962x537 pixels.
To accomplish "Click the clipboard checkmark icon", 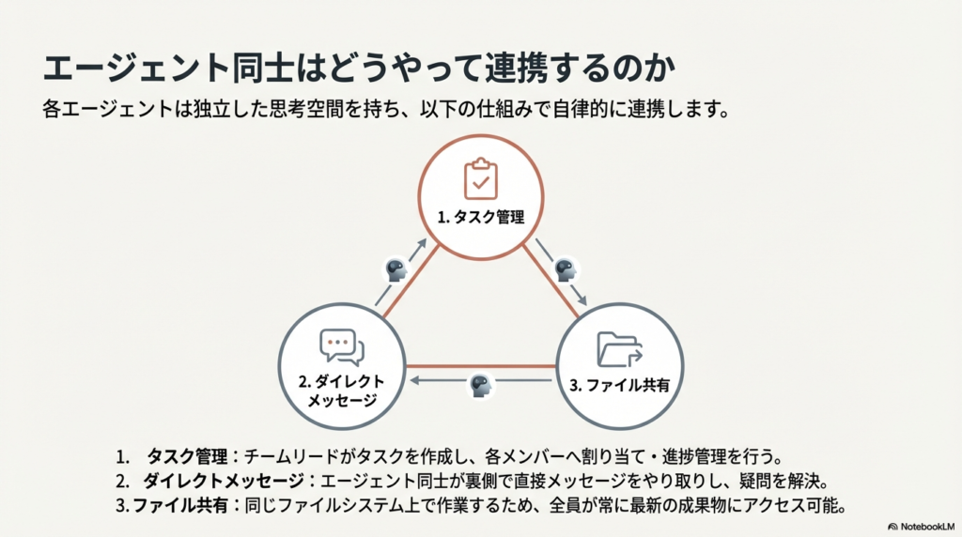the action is click(480, 178).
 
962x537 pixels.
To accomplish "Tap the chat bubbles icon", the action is click(342, 347).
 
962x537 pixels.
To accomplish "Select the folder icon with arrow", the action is click(619, 349).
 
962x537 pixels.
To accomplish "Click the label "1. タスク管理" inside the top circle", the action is click(480, 217).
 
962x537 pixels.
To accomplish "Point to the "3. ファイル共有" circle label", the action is click(620, 385).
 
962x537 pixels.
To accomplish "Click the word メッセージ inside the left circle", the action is click(342, 400).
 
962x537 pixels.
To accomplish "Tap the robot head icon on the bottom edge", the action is click(481, 385).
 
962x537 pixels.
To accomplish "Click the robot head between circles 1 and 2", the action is click(396, 269).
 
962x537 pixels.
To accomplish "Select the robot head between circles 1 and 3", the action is click(565, 269).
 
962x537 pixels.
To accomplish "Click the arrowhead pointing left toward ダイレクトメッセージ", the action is click(414, 380).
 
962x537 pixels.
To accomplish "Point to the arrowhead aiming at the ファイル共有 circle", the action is click(582, 300).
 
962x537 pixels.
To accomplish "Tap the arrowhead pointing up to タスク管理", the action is click(422, 243).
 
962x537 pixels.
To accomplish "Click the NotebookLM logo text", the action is click(927, 527).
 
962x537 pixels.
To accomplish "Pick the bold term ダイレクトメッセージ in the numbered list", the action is click(224, 482).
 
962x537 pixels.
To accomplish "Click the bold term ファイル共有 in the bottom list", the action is click(180, 506).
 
